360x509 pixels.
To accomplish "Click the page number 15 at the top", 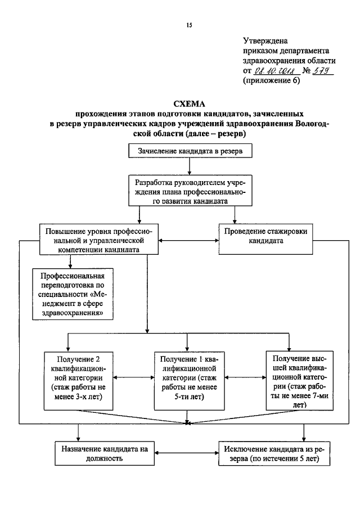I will coord(189,25).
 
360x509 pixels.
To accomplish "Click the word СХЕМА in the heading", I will coord(189,103).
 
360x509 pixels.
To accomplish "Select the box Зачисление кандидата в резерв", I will coord(189,151).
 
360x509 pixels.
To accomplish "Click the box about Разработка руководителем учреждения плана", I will coord(189,191).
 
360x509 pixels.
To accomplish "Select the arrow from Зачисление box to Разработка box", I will coord(189,166).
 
